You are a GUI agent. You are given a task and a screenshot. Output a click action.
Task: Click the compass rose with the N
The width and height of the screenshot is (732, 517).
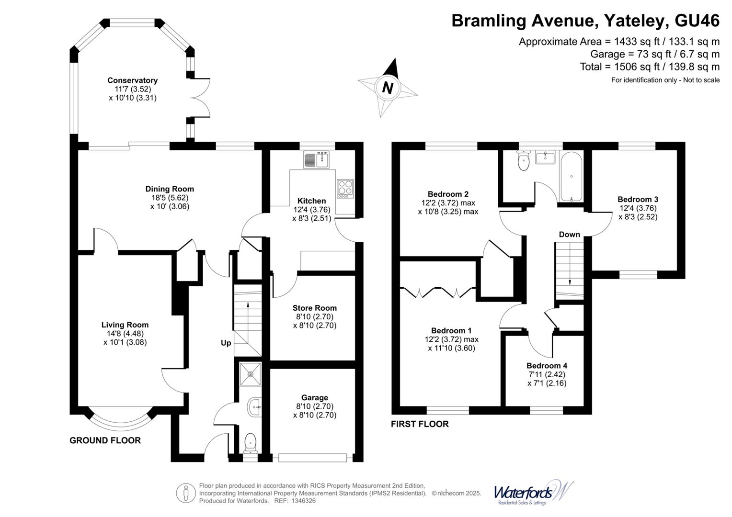point(388,88)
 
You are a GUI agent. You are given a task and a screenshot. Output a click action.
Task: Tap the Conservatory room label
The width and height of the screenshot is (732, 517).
point(132,80)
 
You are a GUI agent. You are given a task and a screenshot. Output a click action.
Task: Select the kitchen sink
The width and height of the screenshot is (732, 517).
point(316,159)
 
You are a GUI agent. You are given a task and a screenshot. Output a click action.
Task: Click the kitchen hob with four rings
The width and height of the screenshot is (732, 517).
point(344,189)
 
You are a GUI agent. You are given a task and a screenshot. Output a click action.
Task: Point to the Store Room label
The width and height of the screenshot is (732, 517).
point(314,308)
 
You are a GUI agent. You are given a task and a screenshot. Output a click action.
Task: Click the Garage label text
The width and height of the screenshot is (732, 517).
point(314,397)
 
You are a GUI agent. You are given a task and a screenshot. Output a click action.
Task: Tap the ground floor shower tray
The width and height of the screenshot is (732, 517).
point(250,373)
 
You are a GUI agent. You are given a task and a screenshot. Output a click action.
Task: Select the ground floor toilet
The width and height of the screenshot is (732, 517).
point(251,443)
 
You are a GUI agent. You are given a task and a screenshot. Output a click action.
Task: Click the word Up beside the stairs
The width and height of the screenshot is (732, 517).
point(226,343)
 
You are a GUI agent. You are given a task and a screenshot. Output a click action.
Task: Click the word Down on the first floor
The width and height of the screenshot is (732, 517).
point(569,234)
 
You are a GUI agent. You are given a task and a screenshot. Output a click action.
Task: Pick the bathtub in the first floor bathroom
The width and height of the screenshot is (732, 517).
point(571,177)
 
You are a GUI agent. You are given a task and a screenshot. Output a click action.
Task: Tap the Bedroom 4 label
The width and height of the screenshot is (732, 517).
point(547,365)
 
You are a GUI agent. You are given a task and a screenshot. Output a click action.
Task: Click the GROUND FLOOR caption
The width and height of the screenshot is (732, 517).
point(105,440)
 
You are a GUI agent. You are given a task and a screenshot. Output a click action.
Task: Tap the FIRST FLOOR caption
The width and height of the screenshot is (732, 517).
point(420,424)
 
